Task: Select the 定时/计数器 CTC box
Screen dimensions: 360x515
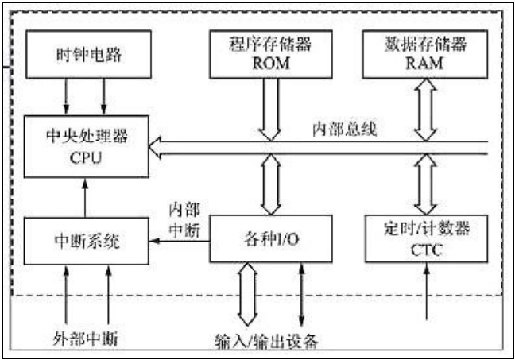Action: click(x=426, y=238)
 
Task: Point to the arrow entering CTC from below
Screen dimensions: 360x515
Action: click(x=427, y=291)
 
